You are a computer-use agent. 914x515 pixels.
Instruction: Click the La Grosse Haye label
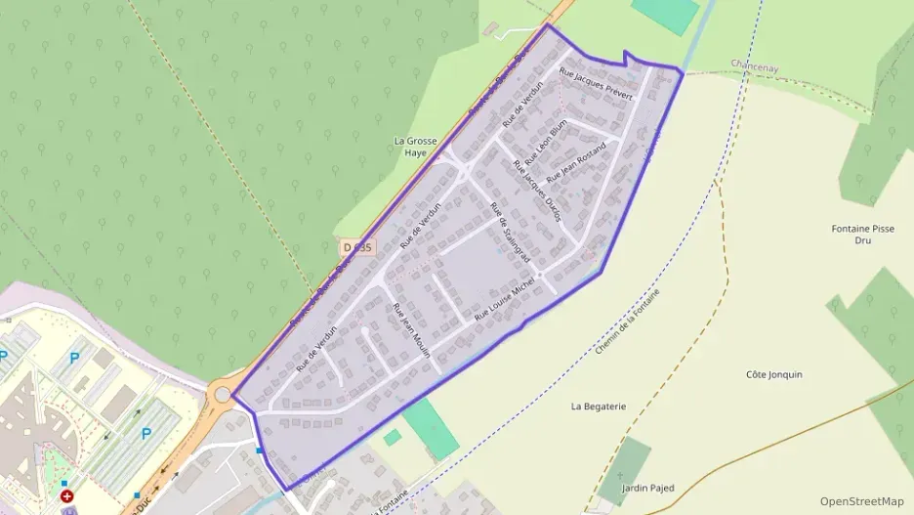tap(415, 147)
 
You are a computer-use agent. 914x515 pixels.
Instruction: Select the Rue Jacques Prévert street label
tap(596, 83)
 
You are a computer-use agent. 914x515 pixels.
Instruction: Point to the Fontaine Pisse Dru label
tap(862, 235)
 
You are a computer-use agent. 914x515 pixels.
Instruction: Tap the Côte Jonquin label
tap(773, 374)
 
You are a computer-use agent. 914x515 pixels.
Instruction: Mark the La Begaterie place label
tap(599, 407)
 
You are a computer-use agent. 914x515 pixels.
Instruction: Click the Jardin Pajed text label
tap(647, 488)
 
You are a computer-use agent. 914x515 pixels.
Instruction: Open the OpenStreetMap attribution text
tap(861, 501)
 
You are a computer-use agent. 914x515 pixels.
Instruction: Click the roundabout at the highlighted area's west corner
tap(223, 395)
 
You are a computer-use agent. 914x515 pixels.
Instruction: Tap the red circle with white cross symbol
tap(66, 496)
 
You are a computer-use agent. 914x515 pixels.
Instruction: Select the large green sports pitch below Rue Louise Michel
tap(430, 427)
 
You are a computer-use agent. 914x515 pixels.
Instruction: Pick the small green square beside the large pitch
tap(392, 438)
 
